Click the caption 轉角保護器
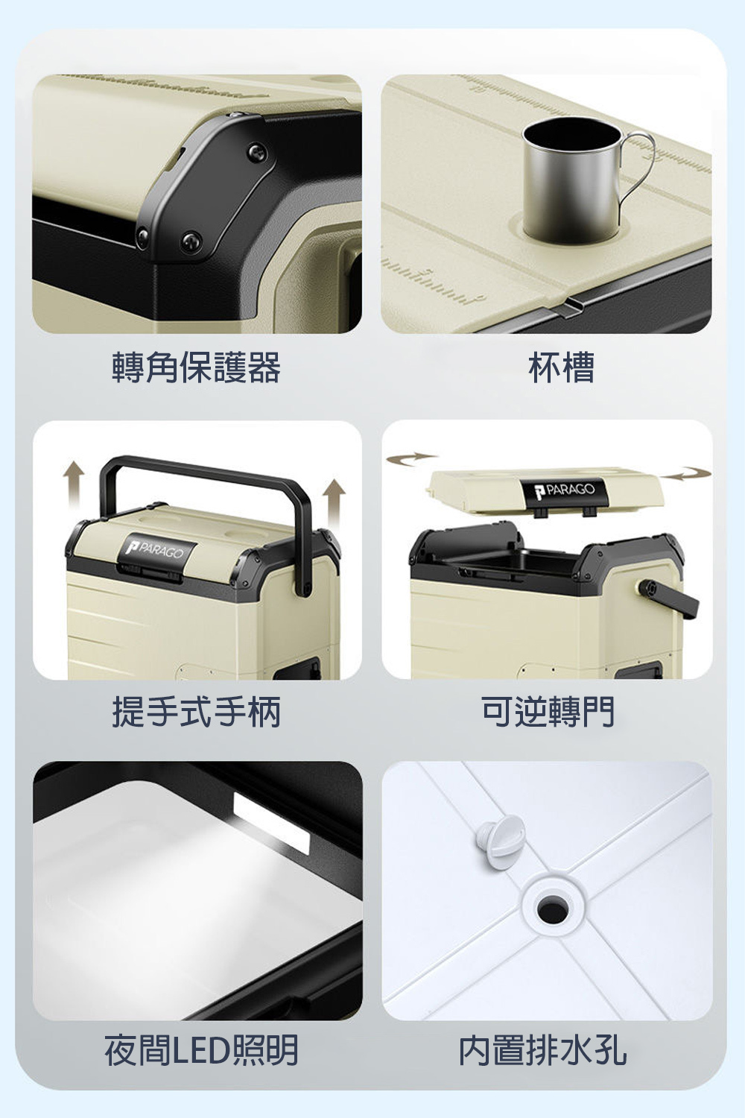click(x=196, y=367)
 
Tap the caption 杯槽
click(x=562, y=367)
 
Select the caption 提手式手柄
click(x=196, y=711)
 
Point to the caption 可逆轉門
click(x=548, y=711)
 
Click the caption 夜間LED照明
click(x=202, y=1050)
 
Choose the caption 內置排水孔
click(x=542, y=1050)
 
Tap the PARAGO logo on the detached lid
click(x=566, y=490)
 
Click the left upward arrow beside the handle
click(x=73, y=482)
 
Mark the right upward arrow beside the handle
click(x=334, y=499)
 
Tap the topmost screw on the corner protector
click(x=232, y=115)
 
